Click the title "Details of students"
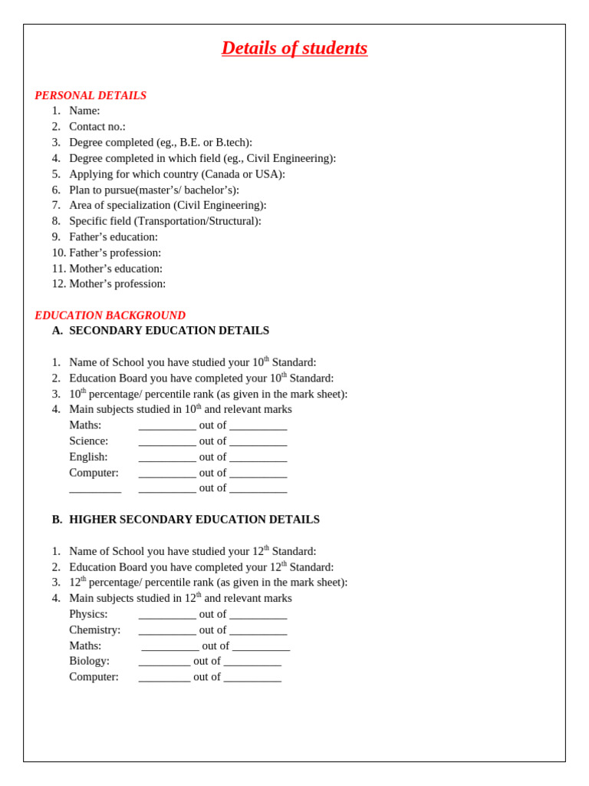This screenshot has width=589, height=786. point(294,48)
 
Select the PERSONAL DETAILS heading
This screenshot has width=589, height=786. point(90,95)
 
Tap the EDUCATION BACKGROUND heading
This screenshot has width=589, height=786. point(110,315)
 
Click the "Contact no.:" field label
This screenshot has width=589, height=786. point(97,127)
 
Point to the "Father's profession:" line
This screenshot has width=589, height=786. point(115,253)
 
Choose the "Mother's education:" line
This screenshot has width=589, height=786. point(116,269)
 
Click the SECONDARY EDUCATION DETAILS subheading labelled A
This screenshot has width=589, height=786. point(169,331)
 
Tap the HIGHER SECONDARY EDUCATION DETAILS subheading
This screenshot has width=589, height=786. point(194,520)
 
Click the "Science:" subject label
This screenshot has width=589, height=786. point(89,441)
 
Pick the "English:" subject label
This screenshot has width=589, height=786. point(88,457)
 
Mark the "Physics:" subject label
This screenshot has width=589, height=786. point(88,614)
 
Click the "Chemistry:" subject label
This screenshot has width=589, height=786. point(95,630)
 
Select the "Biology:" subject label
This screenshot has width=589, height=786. point(90,661)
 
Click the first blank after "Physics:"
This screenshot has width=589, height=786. point(167,616)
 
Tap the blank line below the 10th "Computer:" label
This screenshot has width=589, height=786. point(95,489)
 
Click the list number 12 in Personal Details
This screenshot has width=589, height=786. point(58,284)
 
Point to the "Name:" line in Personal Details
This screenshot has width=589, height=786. point(84,111)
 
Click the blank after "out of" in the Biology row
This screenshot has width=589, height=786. point(252,662)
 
